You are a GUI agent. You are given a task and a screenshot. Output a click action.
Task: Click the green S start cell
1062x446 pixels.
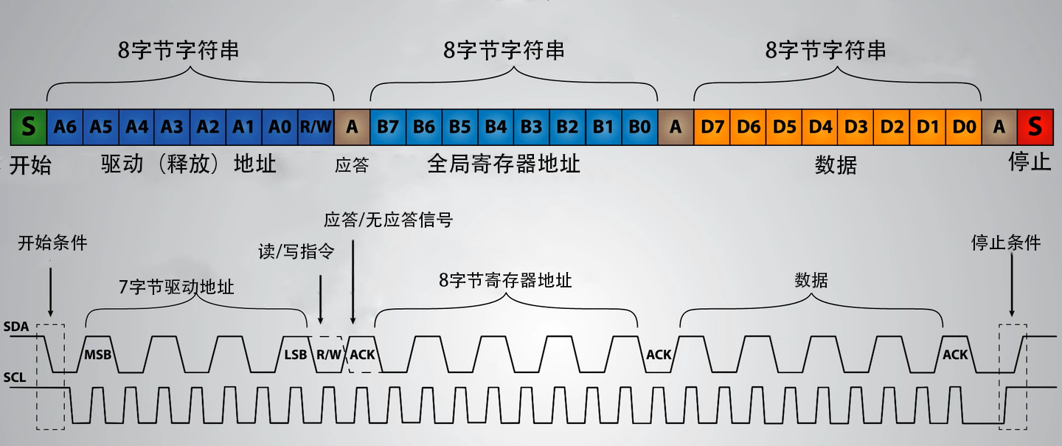point(29,127)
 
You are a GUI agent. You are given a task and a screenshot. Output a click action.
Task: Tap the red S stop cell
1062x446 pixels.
point(1034,127)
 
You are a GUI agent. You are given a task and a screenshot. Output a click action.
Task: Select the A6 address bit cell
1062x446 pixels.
point(65,127)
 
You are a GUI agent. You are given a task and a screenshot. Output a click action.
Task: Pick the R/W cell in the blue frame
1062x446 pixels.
point(316,127)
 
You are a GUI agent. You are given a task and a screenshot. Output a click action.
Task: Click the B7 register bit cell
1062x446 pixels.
point(388,127)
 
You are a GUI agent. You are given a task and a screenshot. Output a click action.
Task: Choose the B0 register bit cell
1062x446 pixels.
point(639,127)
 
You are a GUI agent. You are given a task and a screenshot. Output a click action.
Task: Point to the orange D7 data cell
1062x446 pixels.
point(712,127)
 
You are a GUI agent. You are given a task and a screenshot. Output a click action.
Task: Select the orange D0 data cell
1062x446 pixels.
point(963,127)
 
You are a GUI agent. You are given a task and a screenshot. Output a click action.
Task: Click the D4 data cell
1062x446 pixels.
point(819,127)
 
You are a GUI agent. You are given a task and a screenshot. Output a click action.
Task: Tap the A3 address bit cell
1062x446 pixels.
point(173,127)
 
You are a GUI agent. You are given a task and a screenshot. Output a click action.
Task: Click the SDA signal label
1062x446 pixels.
point(15,326)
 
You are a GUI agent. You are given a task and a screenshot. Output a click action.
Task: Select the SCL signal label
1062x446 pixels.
point(15,378)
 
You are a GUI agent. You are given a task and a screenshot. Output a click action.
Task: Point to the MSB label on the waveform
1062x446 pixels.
point(97,355)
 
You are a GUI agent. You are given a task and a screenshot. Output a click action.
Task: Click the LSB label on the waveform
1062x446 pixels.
point(295,355)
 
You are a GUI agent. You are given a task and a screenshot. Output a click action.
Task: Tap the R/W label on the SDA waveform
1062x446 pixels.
point(329,355)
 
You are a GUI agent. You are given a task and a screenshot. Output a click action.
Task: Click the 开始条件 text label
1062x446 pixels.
point(52,243)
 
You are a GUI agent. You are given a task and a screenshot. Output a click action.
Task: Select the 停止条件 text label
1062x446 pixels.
point(1006,243)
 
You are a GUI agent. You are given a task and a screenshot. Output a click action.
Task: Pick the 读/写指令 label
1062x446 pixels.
point(296,252)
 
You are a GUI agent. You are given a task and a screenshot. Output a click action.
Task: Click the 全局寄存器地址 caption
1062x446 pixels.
point(504,164)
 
